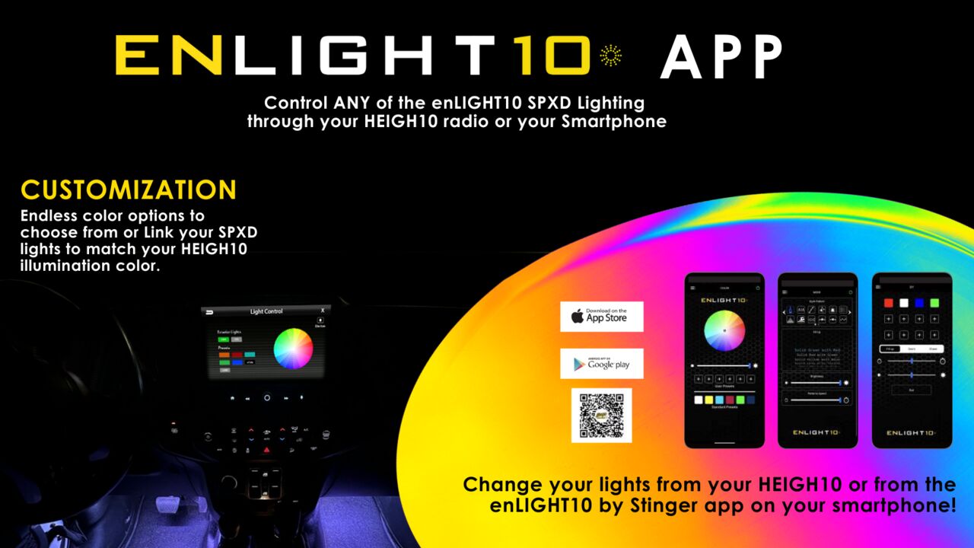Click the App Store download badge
click(601, 317)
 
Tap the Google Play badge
click(601, 364)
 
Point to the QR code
click(601, 416)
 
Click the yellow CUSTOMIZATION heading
click(129, 190)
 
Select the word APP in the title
click(721, 58)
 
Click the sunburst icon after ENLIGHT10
click(610, 55)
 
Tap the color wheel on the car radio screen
click(293, 349)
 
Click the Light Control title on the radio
click(266, 311)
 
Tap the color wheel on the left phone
click(724, 330)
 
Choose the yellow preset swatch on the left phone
click(709, 400)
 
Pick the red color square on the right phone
click(888, 303)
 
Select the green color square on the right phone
click(934, 303)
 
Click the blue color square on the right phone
click(919, 303)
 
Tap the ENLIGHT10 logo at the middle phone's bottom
click(817, 432)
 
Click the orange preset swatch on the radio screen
click(224, 355)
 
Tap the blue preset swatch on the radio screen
click(237, 362)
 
